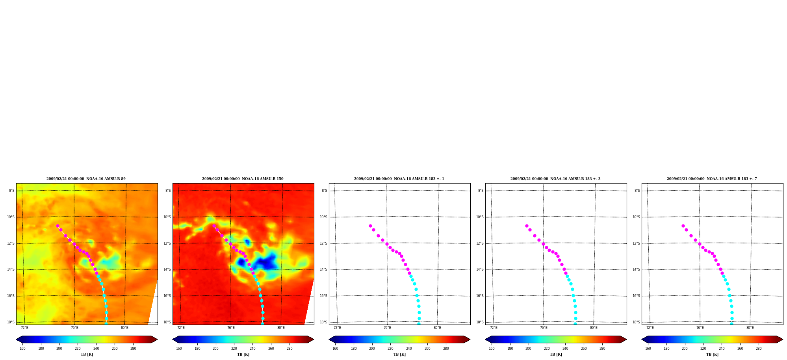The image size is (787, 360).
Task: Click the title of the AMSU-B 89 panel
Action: [86, 179]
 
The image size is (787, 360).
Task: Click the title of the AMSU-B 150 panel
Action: [243, 179]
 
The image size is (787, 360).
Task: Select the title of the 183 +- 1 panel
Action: [399, 179]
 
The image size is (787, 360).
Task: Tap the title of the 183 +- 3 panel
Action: [555, 179]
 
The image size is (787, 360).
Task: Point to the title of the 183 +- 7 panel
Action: [712, 179]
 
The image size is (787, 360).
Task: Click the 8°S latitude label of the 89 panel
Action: [12, 191]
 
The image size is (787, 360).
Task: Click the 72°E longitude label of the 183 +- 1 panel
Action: [337, 328]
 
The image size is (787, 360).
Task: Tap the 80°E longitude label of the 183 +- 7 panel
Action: [750, 328]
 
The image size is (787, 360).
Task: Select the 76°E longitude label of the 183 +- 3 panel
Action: [544, 328]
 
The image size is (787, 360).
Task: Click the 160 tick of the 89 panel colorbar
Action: [22, 348]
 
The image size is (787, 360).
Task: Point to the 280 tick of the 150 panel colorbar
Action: [290, 348]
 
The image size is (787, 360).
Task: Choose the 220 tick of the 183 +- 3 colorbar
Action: [547, 348]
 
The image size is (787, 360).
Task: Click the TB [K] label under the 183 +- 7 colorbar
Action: [712, 354]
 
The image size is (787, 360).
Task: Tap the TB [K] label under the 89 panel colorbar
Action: [87, 354]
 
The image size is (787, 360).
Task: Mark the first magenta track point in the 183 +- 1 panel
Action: [370, 226]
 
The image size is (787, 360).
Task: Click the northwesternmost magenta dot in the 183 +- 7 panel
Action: [683, 226]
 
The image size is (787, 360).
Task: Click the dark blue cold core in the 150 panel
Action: [269, 262]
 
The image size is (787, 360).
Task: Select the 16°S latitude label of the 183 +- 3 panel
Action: [480, 296]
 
